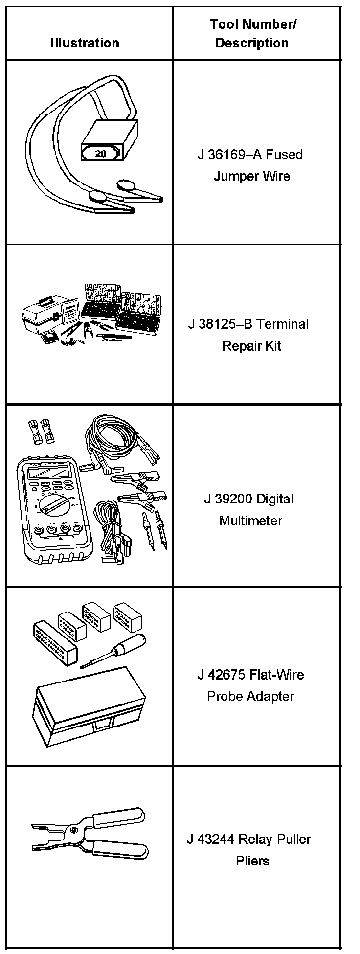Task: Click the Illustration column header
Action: [85, 43]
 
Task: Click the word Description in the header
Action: [252, 43]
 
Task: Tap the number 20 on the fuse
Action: [100, 154]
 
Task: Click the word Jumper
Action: [232, 176]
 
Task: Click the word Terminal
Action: [282, 324]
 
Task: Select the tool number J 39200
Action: [227, 499]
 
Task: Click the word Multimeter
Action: [250, 521]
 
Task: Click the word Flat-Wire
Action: [277, 675]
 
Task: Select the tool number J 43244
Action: [210, 840]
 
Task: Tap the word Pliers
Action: [252, 861]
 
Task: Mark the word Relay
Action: [255, 840]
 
